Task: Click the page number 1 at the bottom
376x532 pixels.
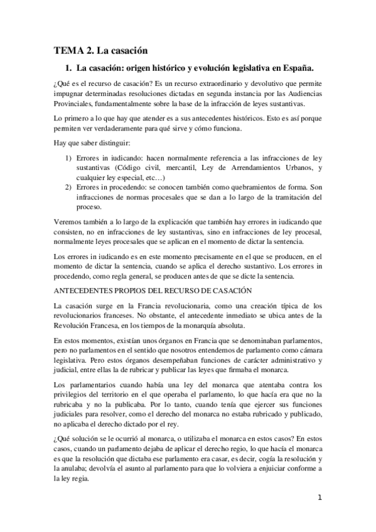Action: pos(320,499)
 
